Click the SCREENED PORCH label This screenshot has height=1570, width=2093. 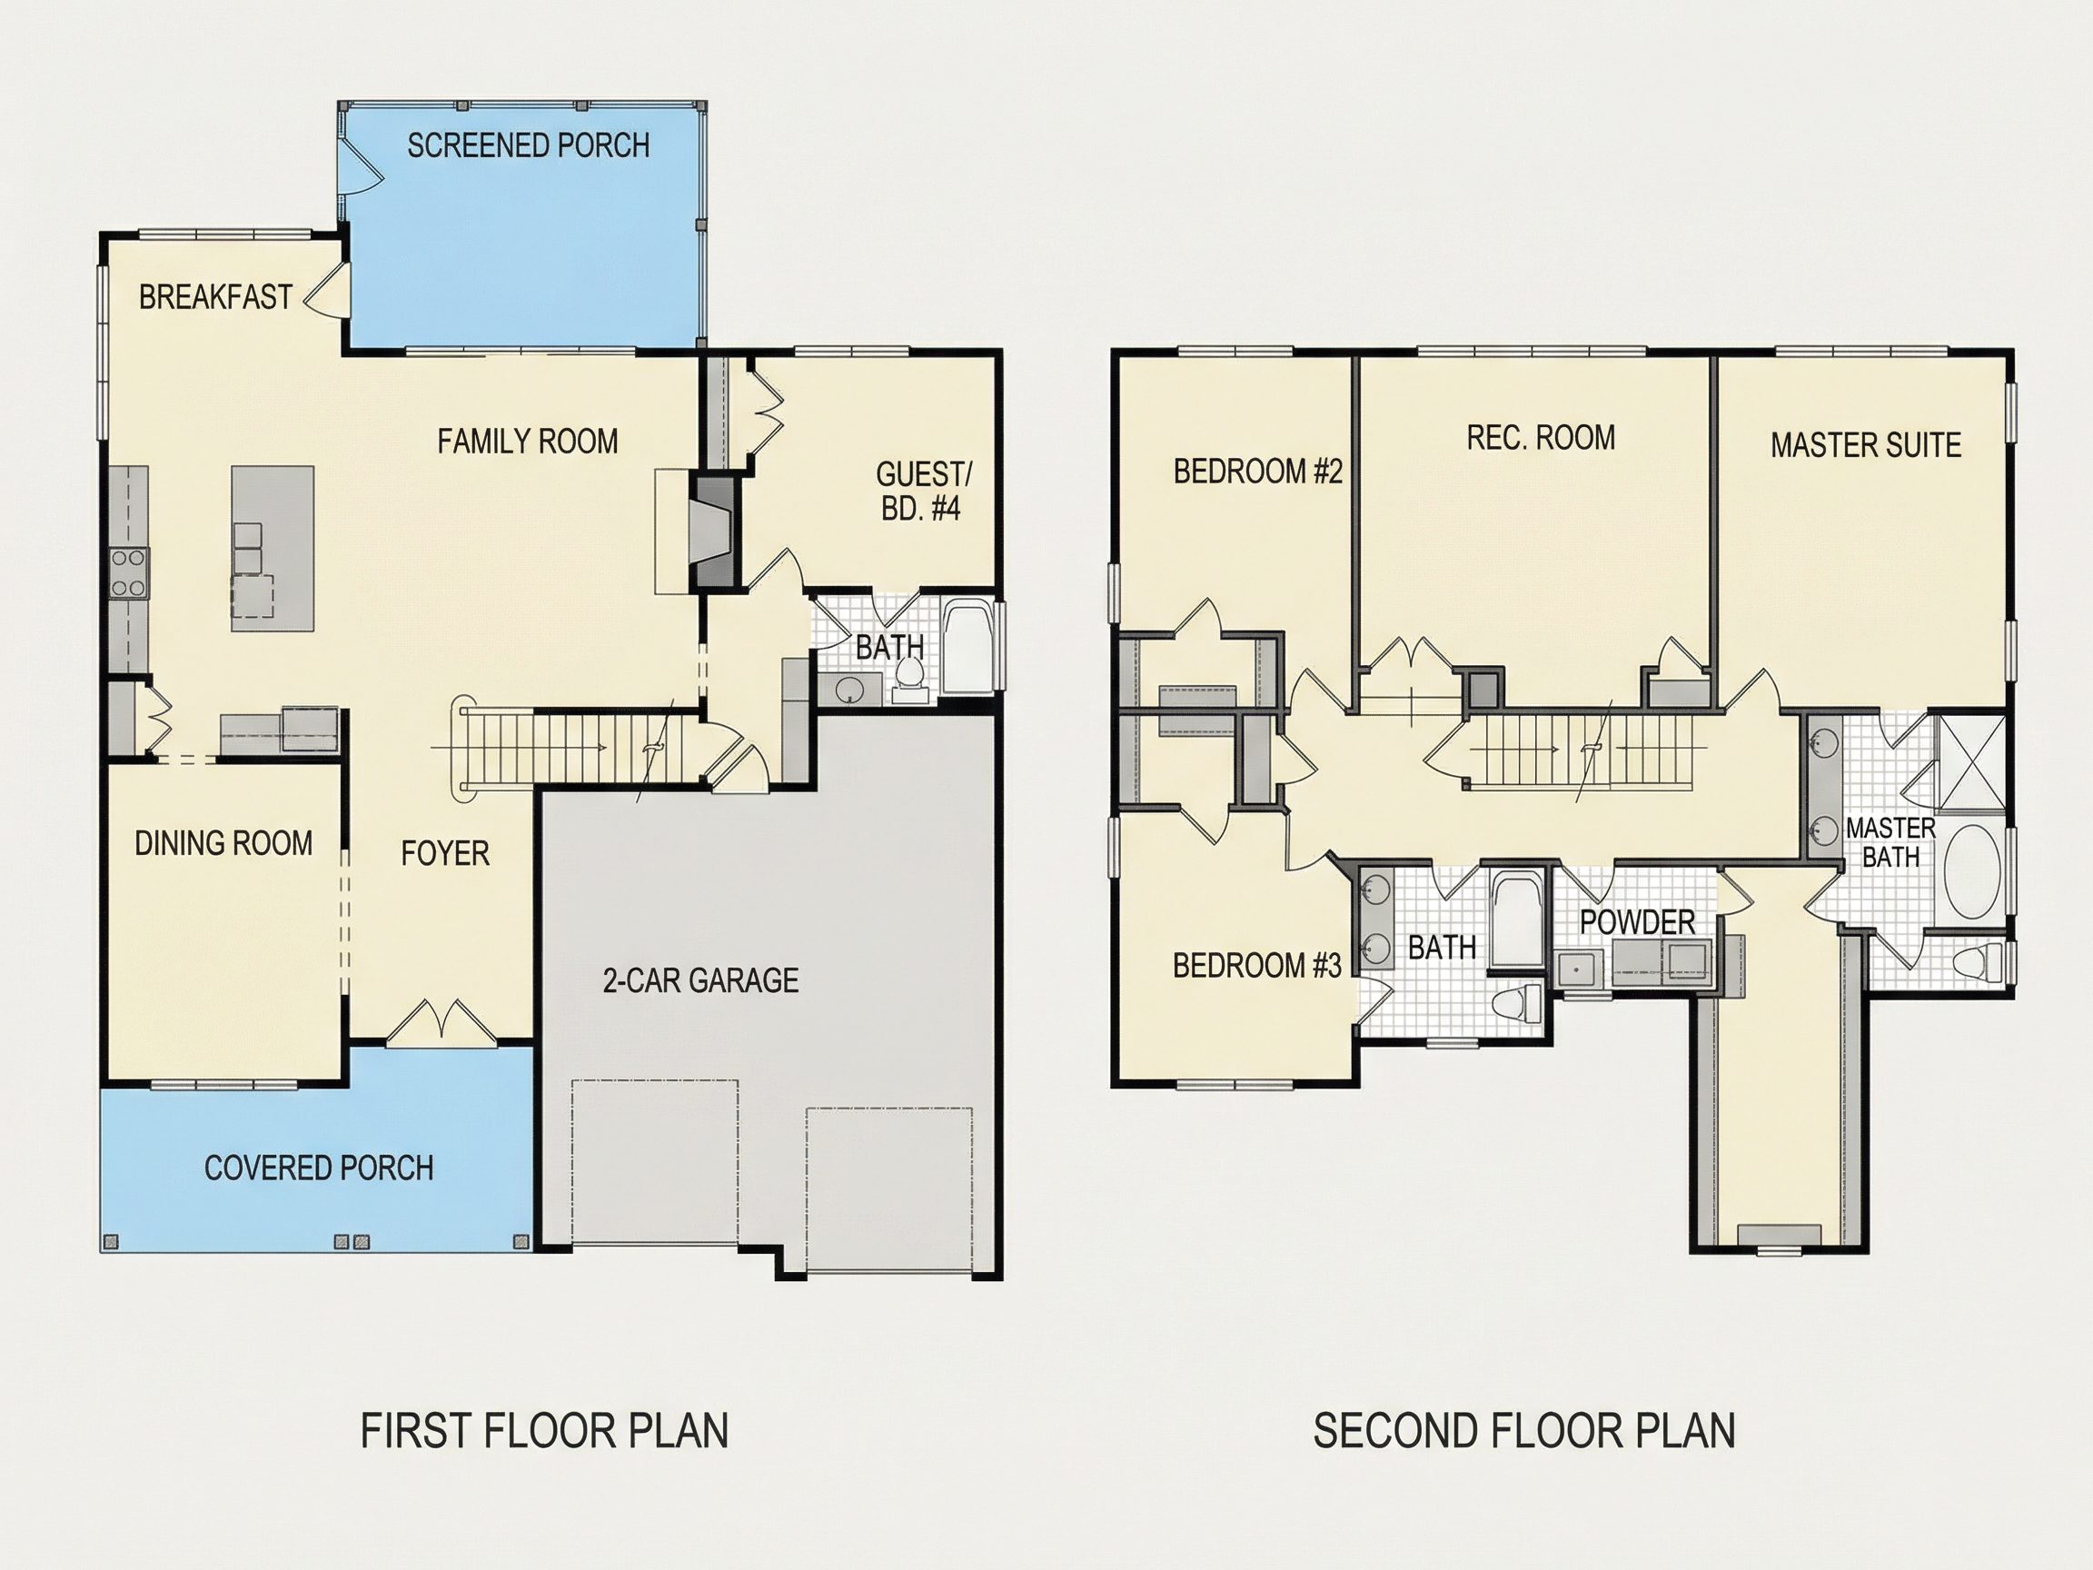[x=528, y=144]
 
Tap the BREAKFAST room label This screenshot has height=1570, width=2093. [x=215, y=297]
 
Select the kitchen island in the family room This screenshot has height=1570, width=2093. [x=273, y=548]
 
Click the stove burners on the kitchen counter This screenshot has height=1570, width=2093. [x=129, y=573]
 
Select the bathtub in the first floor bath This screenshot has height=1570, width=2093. [x=968, y=647]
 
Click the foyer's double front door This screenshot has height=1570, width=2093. [x=441, y=1023]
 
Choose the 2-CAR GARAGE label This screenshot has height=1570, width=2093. [x=701, y=980]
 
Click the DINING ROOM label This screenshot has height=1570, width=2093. [x=223, y=843]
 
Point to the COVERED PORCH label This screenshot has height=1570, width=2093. [x=319, y=1168]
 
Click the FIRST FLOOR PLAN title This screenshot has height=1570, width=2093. [x=544, y=1431]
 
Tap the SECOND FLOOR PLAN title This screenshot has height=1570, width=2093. [x=1524, y=1431]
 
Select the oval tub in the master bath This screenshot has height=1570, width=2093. [x=1971, y=870]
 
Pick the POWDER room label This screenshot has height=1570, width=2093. [x=1638, y=922]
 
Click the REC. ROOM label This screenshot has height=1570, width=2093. [x=1542, y=437]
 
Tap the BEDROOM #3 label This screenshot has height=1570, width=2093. [x=1256, y=965]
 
